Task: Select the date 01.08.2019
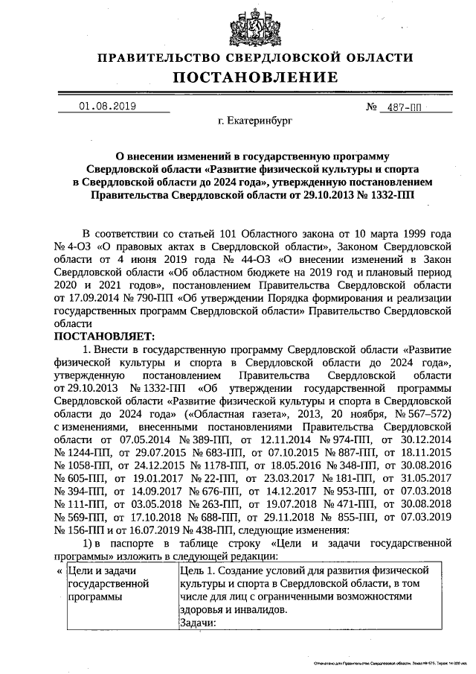click(x=107, y=106)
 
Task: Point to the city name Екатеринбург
click(x=255, y=119)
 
